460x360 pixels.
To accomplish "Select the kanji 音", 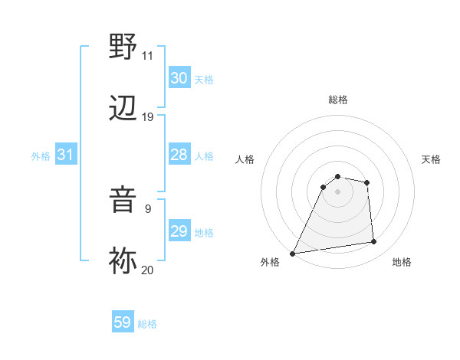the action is (123, 198).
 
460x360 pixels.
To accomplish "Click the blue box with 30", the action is (179, 78).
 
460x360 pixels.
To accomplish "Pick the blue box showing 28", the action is (179, 155).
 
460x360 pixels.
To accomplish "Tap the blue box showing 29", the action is (179, 231).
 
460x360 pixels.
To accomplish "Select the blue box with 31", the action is (65, 155).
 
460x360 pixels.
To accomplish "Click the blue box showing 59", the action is (123, 322).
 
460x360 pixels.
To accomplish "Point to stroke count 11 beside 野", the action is (147, 56).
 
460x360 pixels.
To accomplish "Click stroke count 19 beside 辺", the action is (147, 117).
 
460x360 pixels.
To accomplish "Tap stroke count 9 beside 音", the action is (147, 208).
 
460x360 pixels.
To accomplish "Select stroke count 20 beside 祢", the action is (147, 270).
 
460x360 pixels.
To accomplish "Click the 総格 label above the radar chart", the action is (338, 100).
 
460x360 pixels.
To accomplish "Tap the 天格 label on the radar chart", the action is (432, 159).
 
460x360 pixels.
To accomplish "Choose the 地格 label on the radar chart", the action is (402, 262).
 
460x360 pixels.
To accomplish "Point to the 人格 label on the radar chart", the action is (245, 159).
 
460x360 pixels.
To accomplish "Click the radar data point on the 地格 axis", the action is (374, 242).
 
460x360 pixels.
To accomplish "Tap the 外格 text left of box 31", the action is (41, 155).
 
